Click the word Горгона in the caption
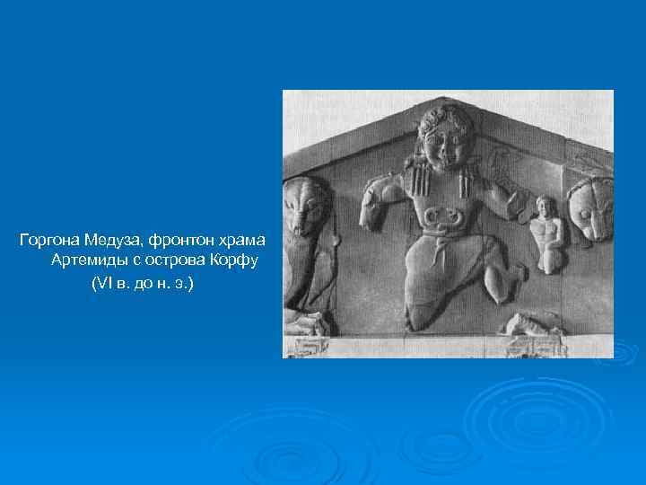(x=50, y=241)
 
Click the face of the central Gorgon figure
(x=446, y=144)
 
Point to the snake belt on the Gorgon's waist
(x=441, y=216)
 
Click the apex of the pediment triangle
(x=448, y=93)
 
